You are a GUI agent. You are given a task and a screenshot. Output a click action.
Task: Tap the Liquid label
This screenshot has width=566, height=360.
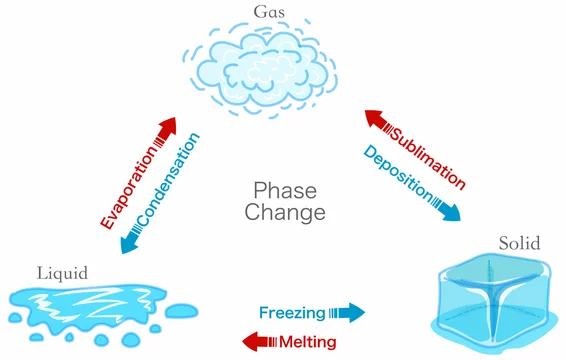(x=63, y=273)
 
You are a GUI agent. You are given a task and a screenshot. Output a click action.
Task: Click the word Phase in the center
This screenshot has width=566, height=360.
(x=288, y=190)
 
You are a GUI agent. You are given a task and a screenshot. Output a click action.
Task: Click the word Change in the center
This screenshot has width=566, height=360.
(x=288, y=213)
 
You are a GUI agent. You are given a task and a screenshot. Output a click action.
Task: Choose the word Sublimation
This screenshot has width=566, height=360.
(x=426, y=147)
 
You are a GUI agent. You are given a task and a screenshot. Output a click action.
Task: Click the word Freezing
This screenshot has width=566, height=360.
(x=292, y=312)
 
